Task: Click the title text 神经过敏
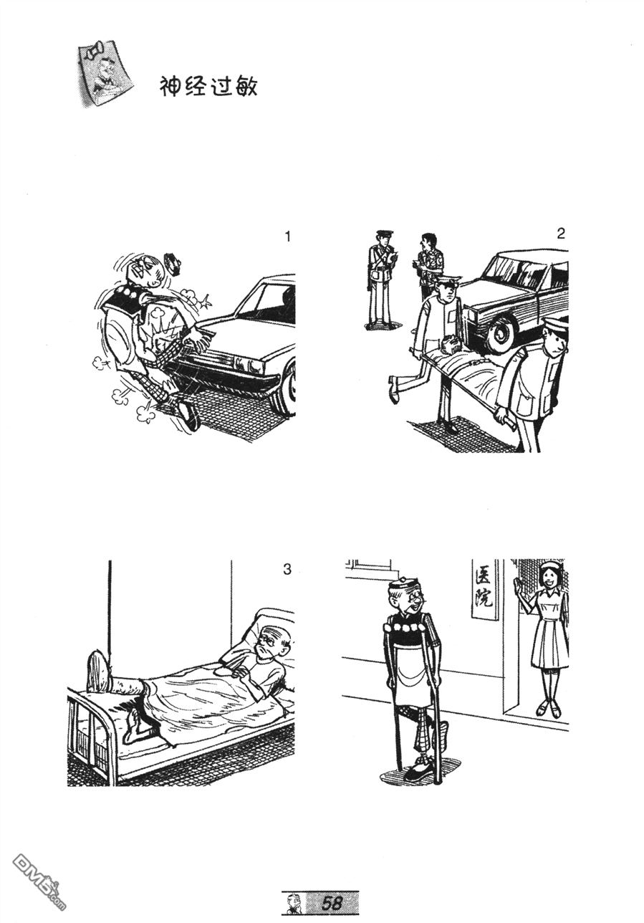[x=208, y=87]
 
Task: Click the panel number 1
[x=287, y=236]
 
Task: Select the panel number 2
[x=560, y=234]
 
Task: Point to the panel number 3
[x=287, y=569]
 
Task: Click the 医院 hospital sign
[x=484, y=590]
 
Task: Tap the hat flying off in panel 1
[x=173, y=262]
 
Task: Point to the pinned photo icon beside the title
[x=105, y=75]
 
